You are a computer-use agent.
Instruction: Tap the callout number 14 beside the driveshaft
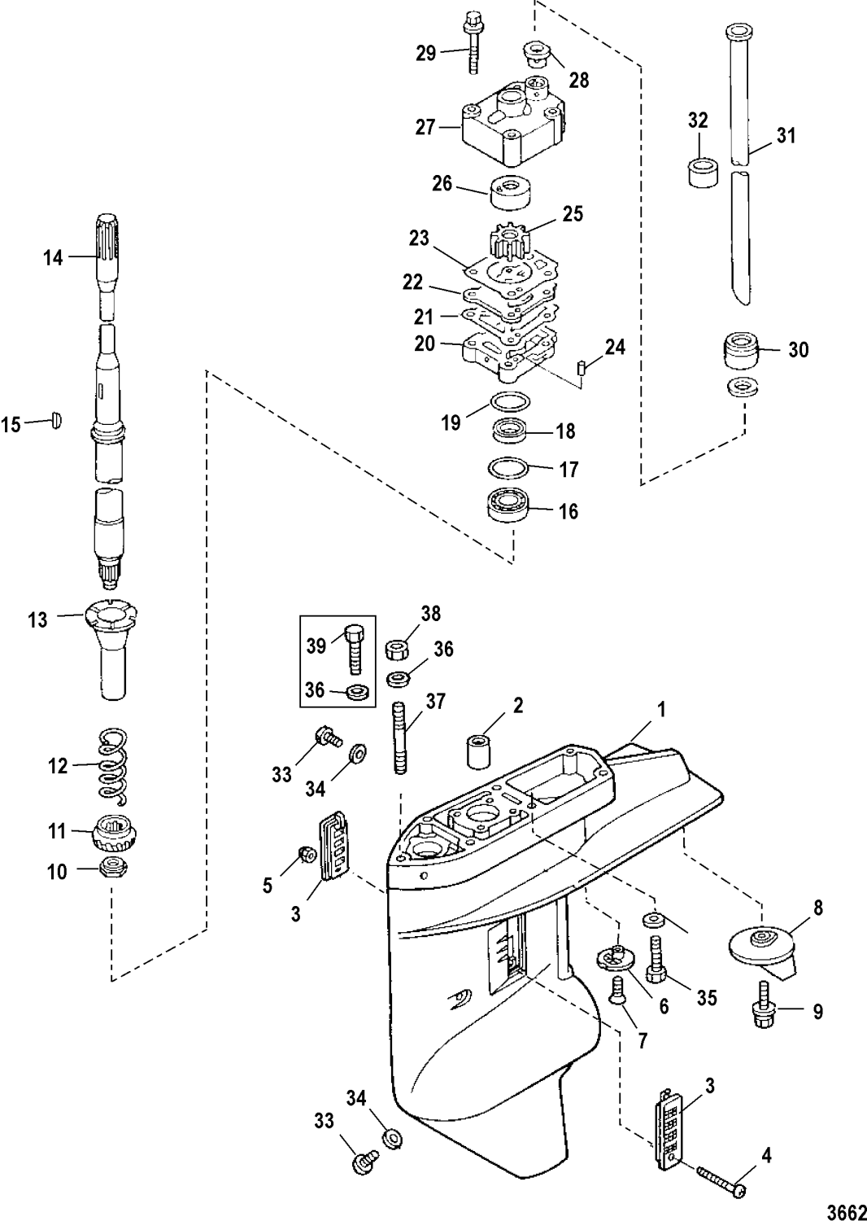click(x=53, y=258)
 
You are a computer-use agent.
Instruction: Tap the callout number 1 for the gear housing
click(x=661, y=708)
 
